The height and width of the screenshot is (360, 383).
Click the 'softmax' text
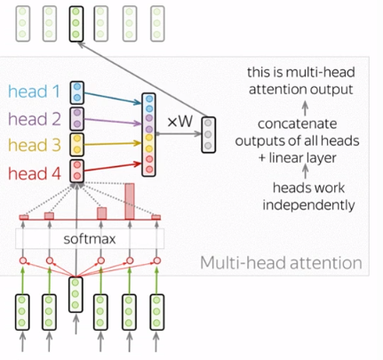88,240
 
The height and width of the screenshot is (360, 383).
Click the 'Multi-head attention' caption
281,263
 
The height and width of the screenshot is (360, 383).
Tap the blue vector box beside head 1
78,91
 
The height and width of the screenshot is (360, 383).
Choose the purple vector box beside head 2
78,118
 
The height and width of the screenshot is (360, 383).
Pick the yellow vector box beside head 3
78,145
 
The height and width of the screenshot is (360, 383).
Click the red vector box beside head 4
78,172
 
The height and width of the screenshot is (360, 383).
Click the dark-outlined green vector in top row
76,24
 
